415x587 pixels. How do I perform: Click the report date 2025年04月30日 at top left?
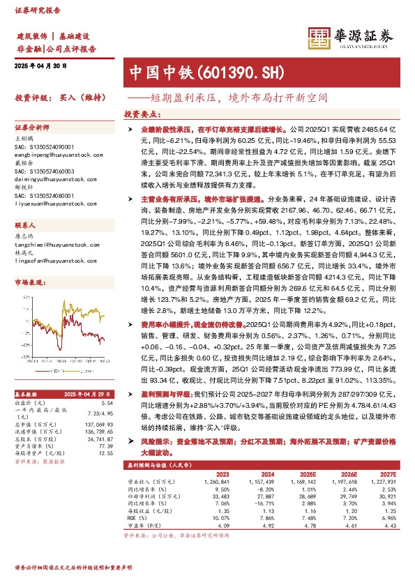pos(40,66)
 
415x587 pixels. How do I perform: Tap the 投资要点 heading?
pos(142,114)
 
